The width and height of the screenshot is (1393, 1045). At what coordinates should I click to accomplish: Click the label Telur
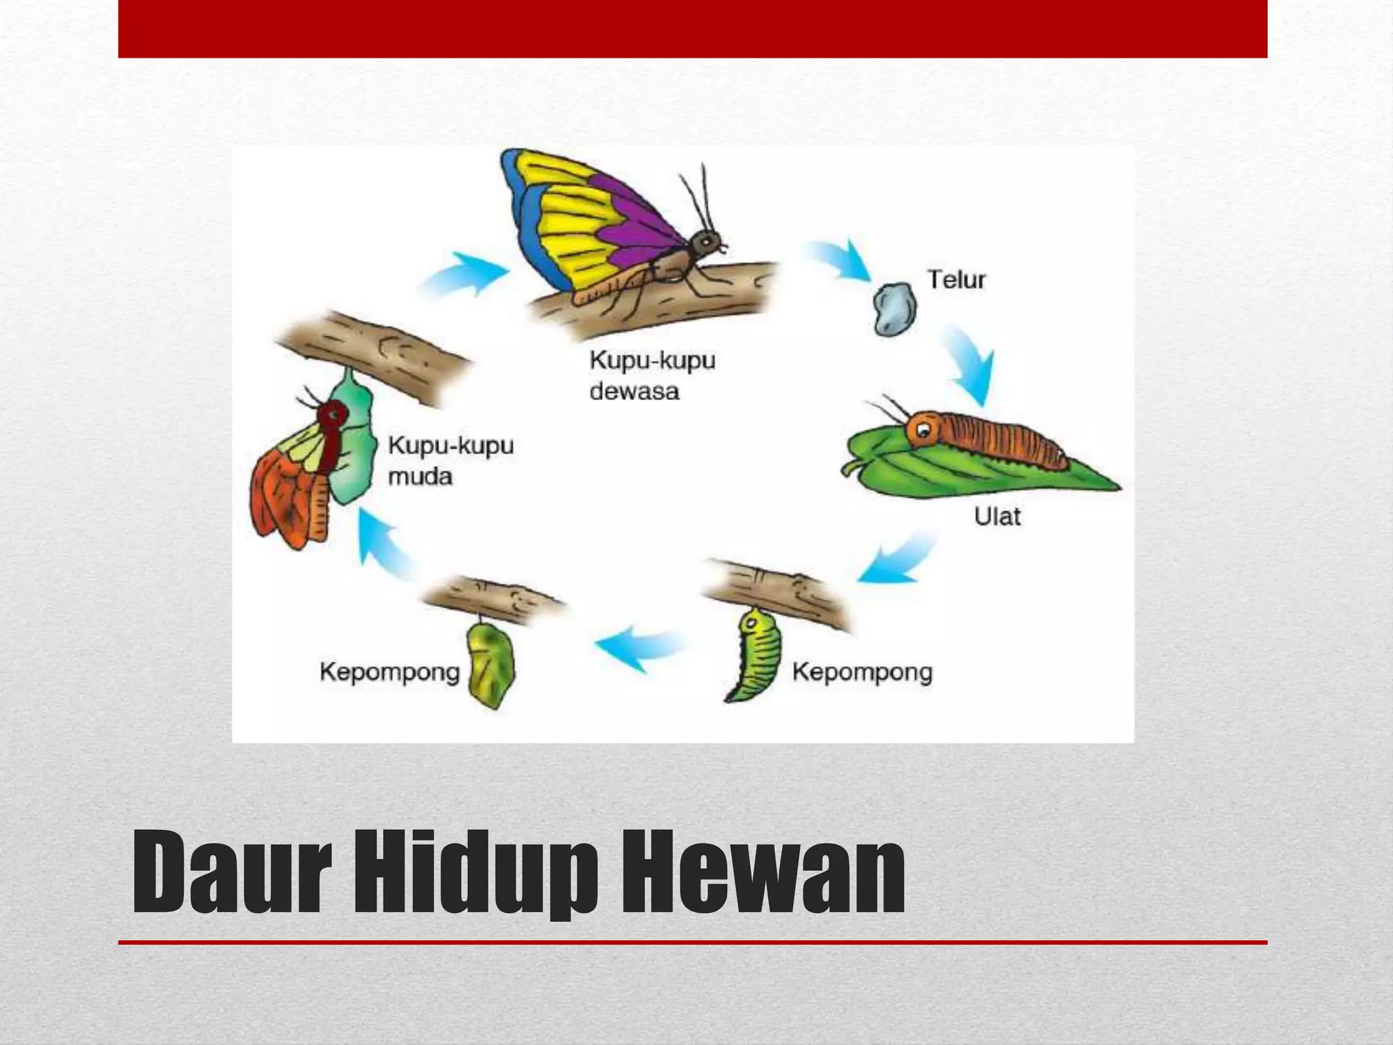tap(956, 280)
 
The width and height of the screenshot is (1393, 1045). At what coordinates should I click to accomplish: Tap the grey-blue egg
tap(894, 309)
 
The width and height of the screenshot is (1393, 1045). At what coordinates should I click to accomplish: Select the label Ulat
tap(997, 516)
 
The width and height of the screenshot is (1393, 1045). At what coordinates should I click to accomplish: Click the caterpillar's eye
tap(924, 429)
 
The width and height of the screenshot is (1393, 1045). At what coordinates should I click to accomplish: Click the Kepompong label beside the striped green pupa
tap(862, 672)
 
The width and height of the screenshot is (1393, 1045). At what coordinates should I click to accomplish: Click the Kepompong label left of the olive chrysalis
tap(390, 672)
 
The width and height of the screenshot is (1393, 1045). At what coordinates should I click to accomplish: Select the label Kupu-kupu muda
tap(450, 461)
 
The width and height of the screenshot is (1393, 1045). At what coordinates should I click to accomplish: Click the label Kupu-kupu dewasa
tap(652, 375)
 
